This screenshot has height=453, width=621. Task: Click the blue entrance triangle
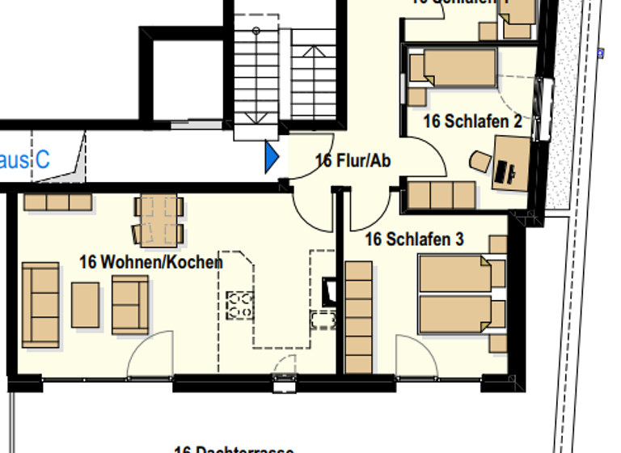[272, 156]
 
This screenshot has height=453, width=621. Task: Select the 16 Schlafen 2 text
[472, 121]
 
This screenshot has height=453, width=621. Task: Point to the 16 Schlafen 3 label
[414, 239]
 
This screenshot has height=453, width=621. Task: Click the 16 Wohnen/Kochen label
[150, 262]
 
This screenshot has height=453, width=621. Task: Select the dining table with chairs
[158, 221]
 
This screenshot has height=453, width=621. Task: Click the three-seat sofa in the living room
[40, 304]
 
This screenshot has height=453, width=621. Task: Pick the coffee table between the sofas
[85, 305]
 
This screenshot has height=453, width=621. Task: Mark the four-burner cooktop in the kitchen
[239, 304]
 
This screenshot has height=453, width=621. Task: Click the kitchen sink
[324, 318]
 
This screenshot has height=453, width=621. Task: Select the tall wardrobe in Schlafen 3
[358, 316]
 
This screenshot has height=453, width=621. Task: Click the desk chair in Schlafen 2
[480, 161]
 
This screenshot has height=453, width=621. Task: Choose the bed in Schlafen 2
[453, 68]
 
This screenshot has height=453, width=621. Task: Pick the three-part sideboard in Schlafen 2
[441, 196]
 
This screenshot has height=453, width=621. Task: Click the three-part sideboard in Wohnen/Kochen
[57, 201]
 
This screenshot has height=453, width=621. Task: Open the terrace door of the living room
[150, 356]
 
